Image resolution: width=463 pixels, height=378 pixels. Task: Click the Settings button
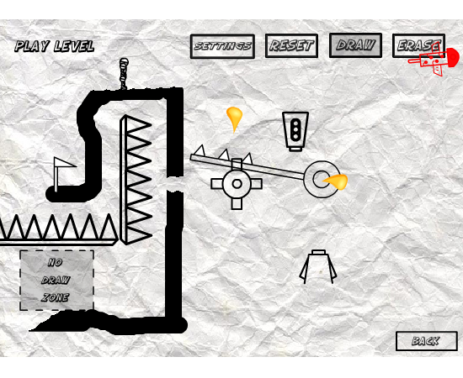coord(222,46)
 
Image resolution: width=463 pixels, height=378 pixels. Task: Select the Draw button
coord(355,45)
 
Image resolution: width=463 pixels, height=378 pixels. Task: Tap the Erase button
coord(418,45)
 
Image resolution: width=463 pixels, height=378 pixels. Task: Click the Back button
coord(427,341)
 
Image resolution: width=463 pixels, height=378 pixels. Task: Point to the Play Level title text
coord(55,46)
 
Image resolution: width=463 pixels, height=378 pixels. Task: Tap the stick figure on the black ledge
coord(124,74)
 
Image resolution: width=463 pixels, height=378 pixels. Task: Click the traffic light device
coord(295,131)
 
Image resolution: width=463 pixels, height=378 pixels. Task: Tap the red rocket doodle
coord(434,60)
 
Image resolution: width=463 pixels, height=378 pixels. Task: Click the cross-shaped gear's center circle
coord(237,184)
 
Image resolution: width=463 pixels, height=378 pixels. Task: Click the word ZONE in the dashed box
coord(56,297)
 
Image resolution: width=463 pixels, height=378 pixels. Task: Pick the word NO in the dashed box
coord(56,262)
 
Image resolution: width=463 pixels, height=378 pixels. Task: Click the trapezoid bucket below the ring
coord(318,266)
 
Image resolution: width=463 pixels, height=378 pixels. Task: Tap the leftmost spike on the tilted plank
coord(200,150)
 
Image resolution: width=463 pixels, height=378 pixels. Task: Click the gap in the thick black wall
coord(175,184)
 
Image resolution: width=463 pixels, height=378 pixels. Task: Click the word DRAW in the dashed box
coord(56,280)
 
